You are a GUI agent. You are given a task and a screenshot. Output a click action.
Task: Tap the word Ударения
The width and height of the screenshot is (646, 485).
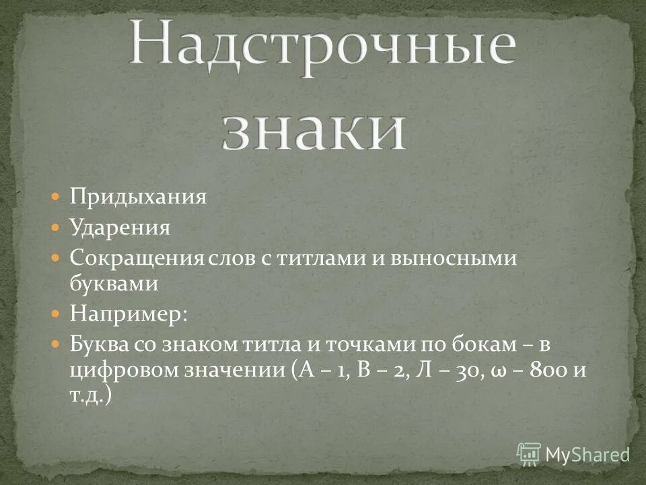[x=120, y=228]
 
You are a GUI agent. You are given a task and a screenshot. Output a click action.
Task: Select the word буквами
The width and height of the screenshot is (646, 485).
[x=114, y=284]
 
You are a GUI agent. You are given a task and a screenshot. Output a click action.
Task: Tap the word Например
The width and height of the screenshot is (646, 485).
[x=126, y=314]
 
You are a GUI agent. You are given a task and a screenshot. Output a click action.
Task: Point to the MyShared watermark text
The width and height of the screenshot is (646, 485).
[x=586, y=454]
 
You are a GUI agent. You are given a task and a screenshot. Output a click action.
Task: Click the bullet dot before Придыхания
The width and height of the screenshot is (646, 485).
[x=57, y=197]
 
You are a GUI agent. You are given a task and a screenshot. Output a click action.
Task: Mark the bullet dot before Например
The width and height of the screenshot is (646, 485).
[x=57, y=314]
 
